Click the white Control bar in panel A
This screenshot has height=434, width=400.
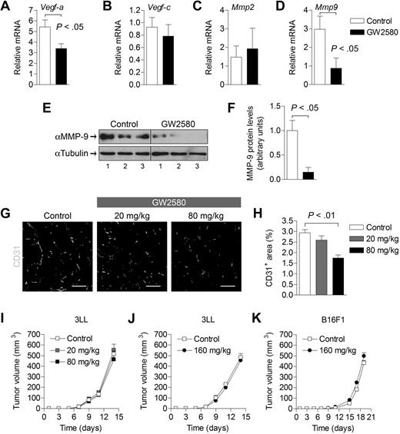click(x=45, y=55)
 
